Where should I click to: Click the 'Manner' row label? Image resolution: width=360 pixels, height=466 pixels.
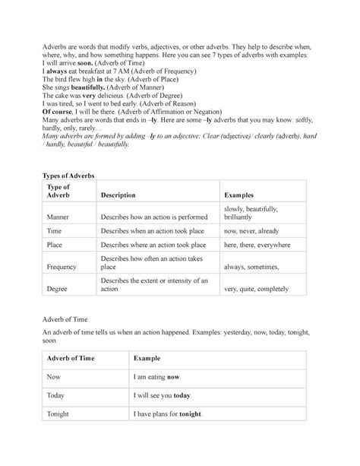[57, 217]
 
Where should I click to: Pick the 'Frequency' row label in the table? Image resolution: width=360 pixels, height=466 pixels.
[61, 268]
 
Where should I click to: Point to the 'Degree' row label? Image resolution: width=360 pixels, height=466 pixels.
[57, 290]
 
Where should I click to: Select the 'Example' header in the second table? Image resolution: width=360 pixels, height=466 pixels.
[149, 357]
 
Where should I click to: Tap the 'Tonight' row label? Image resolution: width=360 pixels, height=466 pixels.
[58, 414]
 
